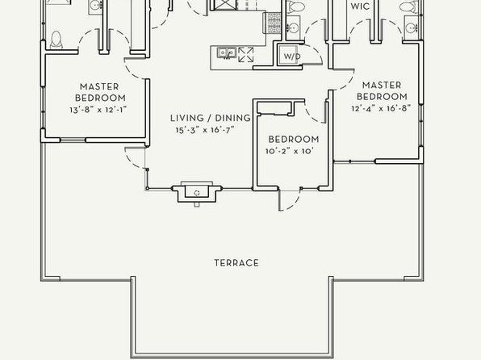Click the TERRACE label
[x=236, y=262]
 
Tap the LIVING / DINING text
[x=211, y=118]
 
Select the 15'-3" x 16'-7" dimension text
[x=205, y=130]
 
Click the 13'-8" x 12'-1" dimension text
[x=98, y=110]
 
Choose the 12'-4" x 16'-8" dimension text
[x=381, y=108]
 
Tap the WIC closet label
[x=360, y=6]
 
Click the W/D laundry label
[x=291, y=57]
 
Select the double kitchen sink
[x=227, y=52]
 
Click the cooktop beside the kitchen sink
[x=245, y=55]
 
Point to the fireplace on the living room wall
[x=197, y=192]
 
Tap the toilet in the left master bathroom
[x=56, y=40]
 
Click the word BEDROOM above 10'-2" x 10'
[x=294, y=140]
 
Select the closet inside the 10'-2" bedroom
[x=274, y=109]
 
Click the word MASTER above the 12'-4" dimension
[x=382, y=85]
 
